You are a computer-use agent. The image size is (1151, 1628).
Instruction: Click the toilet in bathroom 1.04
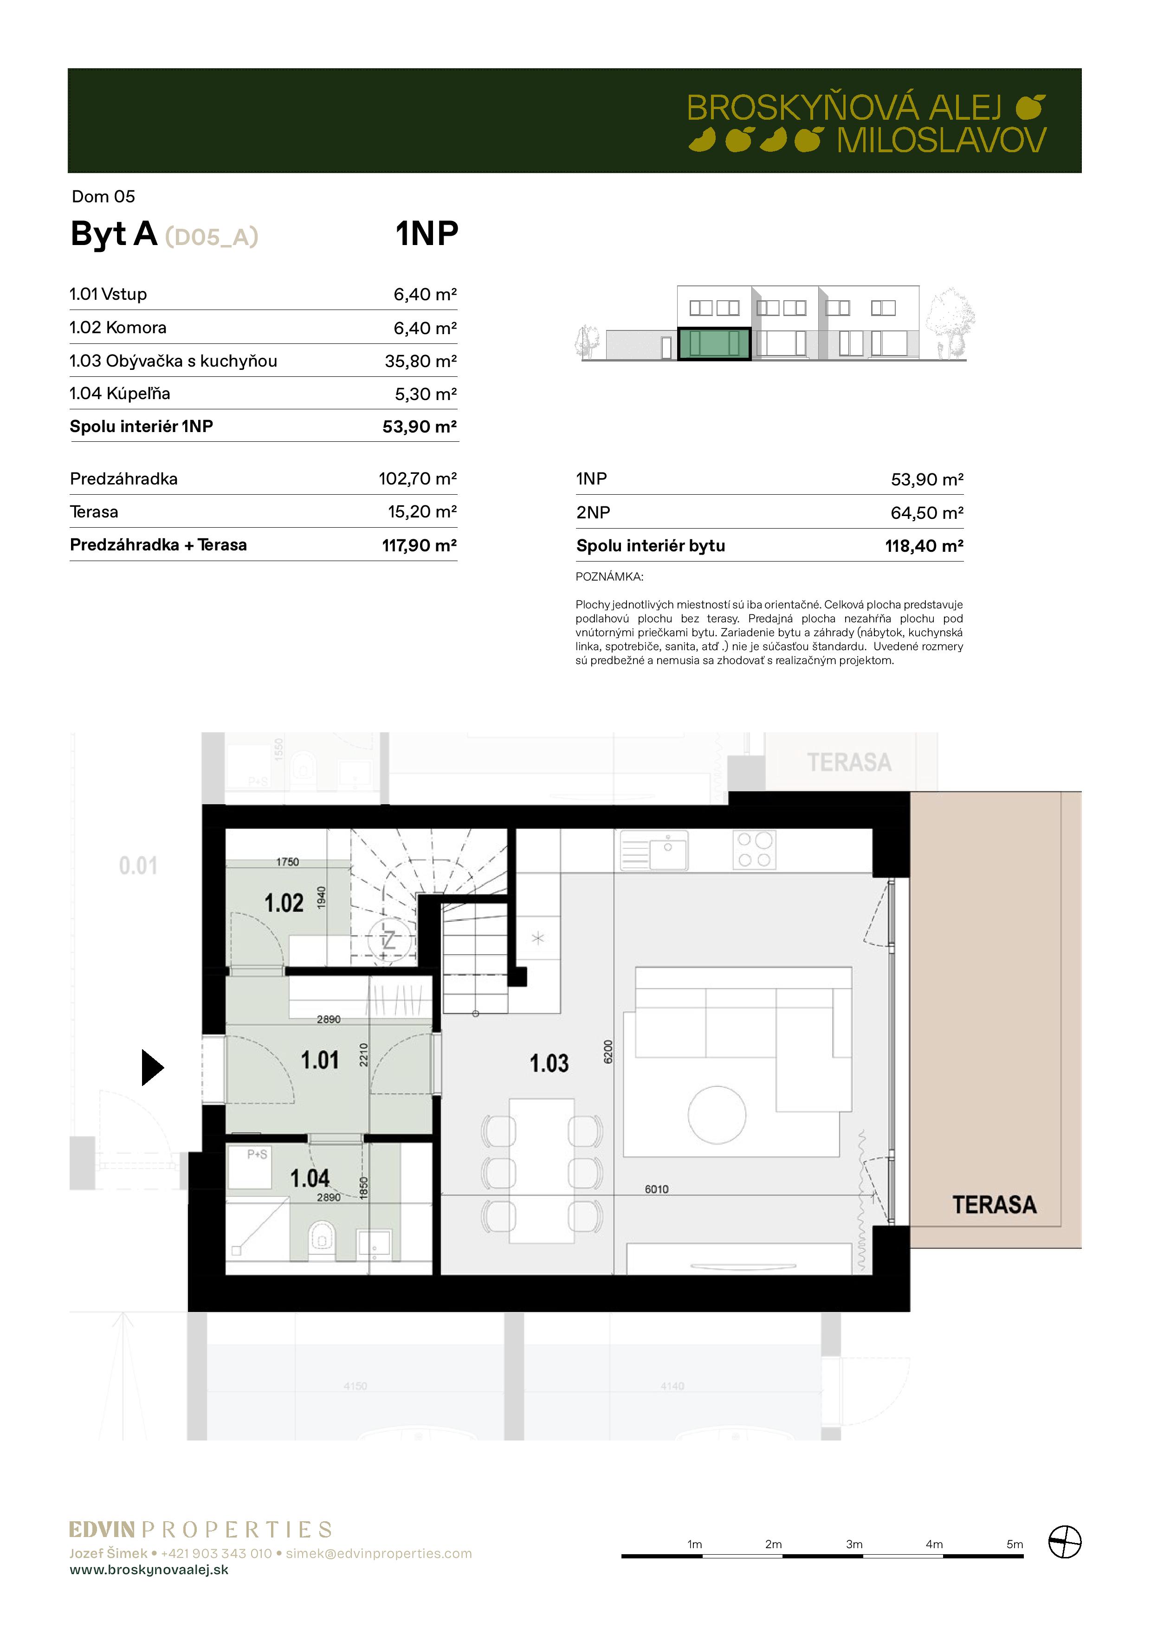click(x=322, y=1237)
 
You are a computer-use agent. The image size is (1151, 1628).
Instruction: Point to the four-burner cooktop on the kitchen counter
click(x=754, y=849)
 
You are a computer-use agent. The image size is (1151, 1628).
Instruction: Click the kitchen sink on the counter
click(x=654, y=849)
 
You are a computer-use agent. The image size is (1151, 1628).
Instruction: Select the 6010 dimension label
click(x=657, y=1189)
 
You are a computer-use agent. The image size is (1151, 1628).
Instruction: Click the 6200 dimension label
click(x=608, y=1052)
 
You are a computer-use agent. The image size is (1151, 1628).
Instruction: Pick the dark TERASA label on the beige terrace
click(x=994, y=1205)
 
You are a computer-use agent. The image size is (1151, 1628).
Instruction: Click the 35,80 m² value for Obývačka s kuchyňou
click(x=420, y=361)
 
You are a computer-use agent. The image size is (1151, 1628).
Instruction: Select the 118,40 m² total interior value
click(x=924, y=546)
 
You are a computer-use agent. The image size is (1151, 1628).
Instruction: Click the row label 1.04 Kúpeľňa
click(x=120, y=394)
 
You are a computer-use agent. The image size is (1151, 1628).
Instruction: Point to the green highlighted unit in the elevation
click(x=714, y=344)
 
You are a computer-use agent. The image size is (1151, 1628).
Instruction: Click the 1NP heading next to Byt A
click(x=427, y=233)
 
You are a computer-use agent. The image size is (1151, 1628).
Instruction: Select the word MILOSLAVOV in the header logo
click(x=941, y=141)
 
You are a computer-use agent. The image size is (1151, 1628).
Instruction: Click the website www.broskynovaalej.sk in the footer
click(x=149, y=1570)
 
